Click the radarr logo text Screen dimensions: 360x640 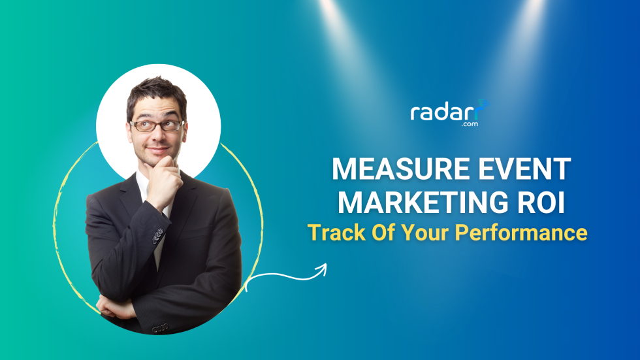pos(444,112)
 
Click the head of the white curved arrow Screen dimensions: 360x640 pos(322,269)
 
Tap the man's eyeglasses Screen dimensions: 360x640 pos(157,125)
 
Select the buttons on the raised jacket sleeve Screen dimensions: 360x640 pos(157,235)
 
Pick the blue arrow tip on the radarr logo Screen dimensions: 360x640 pos(483,105)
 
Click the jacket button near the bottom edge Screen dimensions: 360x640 pos(156,327)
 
